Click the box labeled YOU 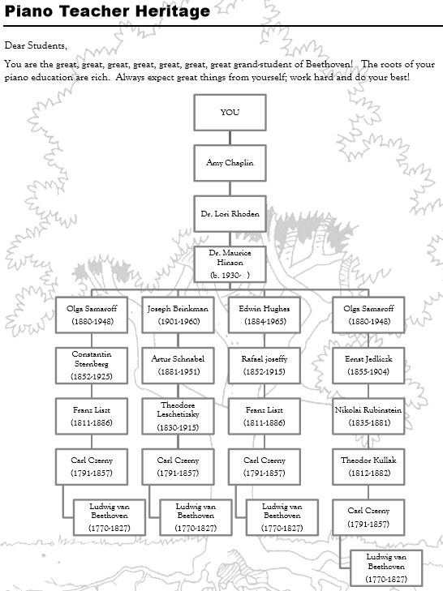tap(230, 113)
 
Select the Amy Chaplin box tap(230, 163)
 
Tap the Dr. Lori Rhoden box tap(230, 214)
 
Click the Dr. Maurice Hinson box tap(230, 264)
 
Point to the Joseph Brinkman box tap(178, 315)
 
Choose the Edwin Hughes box tap(265, 315)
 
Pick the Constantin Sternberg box tap(92, 366)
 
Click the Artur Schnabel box tap(178, 366)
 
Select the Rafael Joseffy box tap(265, 366)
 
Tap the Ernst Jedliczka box tap(368, 366)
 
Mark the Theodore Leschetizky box tap(178, 416)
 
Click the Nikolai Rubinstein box tap(368, 416)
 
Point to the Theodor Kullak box tap(368, 467)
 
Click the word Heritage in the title tap(173, 11)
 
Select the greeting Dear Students tap(36, 45)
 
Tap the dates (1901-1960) tap(178, 322)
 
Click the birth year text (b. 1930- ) tap(230, 275)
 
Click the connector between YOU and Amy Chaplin tap(230, 138)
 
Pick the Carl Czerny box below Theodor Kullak tap(368, 517)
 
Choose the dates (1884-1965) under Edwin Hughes tap(265, 322)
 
